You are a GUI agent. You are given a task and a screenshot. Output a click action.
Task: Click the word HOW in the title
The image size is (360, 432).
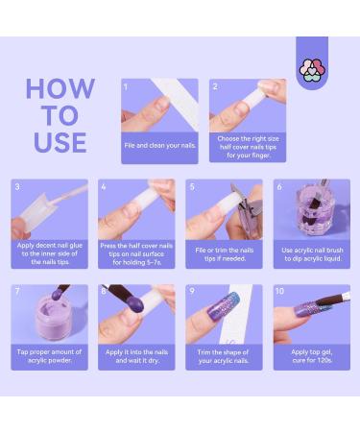[x=60, y=89]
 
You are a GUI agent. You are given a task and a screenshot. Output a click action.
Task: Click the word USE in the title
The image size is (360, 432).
[x=60, y=143]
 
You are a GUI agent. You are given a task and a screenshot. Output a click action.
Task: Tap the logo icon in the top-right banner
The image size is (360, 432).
[x=312, y=67]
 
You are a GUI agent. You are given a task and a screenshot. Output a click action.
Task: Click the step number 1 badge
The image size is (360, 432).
[x=126, y=86]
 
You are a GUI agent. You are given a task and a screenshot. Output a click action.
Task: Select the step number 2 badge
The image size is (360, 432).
[x=214, y=86]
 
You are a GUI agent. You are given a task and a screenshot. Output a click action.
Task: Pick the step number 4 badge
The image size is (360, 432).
[x=104, y=187]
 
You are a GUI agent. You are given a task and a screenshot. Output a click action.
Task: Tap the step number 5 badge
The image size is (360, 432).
[x=192, y=187]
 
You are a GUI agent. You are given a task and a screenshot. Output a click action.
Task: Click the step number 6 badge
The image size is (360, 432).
[x=279, y=187]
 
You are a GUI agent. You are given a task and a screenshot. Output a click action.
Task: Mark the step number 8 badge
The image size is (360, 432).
[x=104, y=290]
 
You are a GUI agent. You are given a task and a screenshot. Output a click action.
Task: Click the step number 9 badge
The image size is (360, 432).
[x=192, y=290]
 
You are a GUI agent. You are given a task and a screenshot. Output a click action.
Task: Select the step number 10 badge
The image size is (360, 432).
[x=279, y=290]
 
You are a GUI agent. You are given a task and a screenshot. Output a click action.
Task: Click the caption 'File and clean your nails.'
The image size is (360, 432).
[x=159, y=144]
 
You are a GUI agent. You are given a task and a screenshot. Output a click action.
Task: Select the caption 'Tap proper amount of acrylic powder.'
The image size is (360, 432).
[x=49, y=358]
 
